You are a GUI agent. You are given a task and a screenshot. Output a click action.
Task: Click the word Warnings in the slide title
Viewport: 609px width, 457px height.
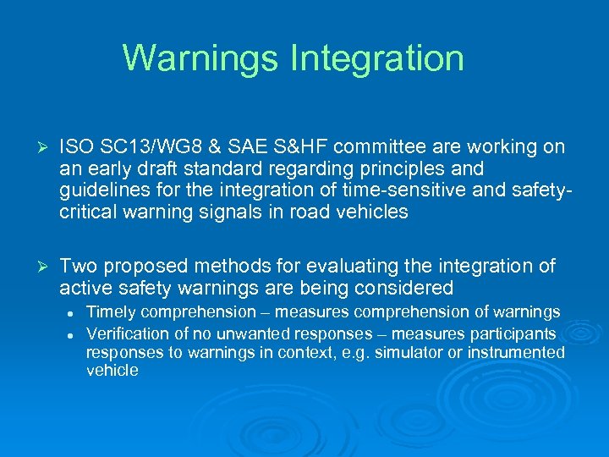(200, 58)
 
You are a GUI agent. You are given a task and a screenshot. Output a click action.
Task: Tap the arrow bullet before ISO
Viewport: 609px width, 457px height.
(36, 147)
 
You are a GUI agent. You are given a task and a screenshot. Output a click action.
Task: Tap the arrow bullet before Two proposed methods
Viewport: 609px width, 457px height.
(36, 267)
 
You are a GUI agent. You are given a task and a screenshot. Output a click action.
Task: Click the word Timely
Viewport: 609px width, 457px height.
(109, 313)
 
